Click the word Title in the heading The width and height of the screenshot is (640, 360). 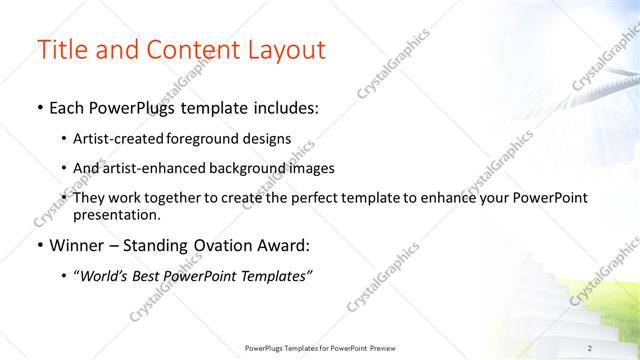(x=63, y=50)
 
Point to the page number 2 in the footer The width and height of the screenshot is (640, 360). (x=590, y=347)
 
